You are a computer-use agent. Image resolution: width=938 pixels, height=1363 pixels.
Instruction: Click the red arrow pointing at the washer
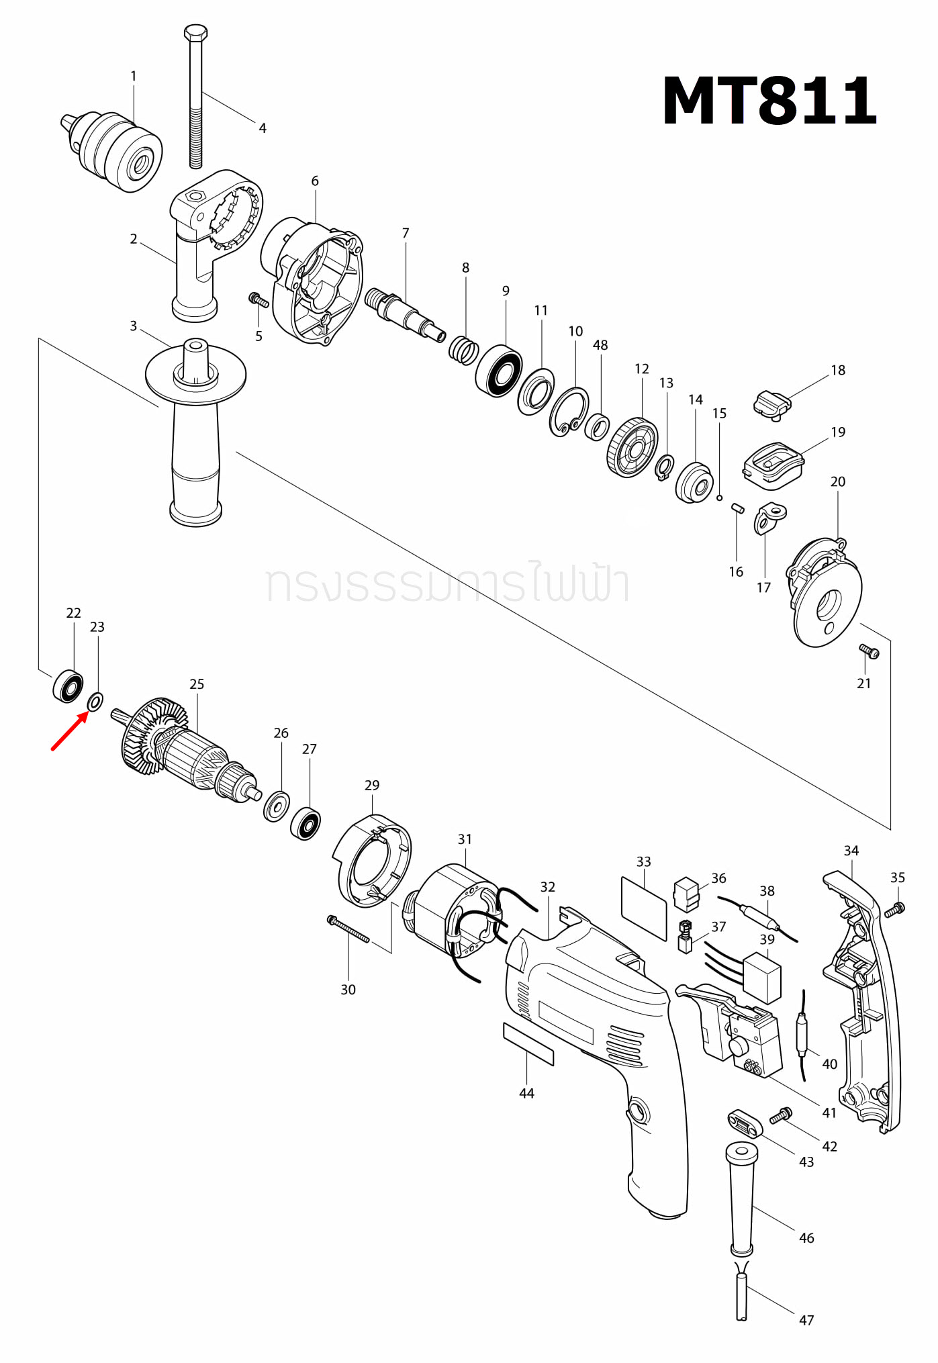pyautogui.click(x=70, y=731)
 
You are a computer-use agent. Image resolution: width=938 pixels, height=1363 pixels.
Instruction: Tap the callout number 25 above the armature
pyautogui.click(x=196, y=684)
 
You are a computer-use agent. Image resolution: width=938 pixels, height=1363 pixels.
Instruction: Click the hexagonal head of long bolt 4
pyautogui.click(x=195, y=32)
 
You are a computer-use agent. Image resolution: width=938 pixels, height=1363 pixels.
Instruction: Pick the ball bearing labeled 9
pyautogui.click(x=499, y=371)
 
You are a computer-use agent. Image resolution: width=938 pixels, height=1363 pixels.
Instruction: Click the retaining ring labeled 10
pyautogui.click(x=569, y=411)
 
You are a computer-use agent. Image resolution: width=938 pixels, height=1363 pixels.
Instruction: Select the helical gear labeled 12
pyautogui.click(x=632, y=447)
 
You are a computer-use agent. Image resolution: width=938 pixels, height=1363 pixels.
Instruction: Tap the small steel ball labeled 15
pyautogui.click(x=719, y=498)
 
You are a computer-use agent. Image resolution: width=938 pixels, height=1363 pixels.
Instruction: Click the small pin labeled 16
pyautogui.click(x=737, y=508)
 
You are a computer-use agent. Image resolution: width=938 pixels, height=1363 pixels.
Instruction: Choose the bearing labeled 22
pyautogui.click(x=68, y=686)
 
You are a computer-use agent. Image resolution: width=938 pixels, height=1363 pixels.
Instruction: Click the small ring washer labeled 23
pyautogui.click(x=95, y=702)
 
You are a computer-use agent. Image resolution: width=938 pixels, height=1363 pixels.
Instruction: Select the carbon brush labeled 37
pyautogui.click(x=685, y=936)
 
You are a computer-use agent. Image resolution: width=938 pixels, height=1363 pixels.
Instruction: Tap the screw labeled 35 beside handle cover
pyautogui.click(x=894, y=910)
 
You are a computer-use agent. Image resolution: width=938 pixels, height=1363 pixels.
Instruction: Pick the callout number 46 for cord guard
pyautogui.click(x=806, y=1237)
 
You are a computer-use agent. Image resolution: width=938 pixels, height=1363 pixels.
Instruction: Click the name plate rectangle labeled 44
pyautogui.click(x=528, y=1044)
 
